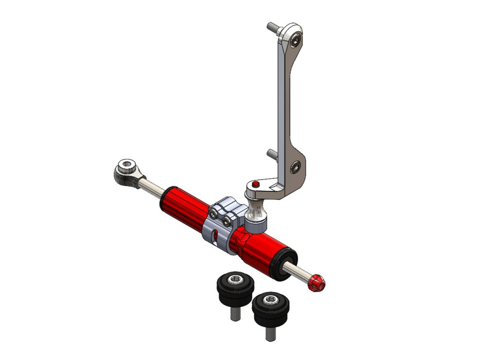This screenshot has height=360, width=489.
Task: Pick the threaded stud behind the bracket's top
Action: (x=273, y=27)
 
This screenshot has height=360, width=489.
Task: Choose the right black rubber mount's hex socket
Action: (x=268, y=298)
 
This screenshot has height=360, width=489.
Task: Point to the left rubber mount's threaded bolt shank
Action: (x=234, y=313)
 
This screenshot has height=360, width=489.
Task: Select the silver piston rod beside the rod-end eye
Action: (x=151, y=186)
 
